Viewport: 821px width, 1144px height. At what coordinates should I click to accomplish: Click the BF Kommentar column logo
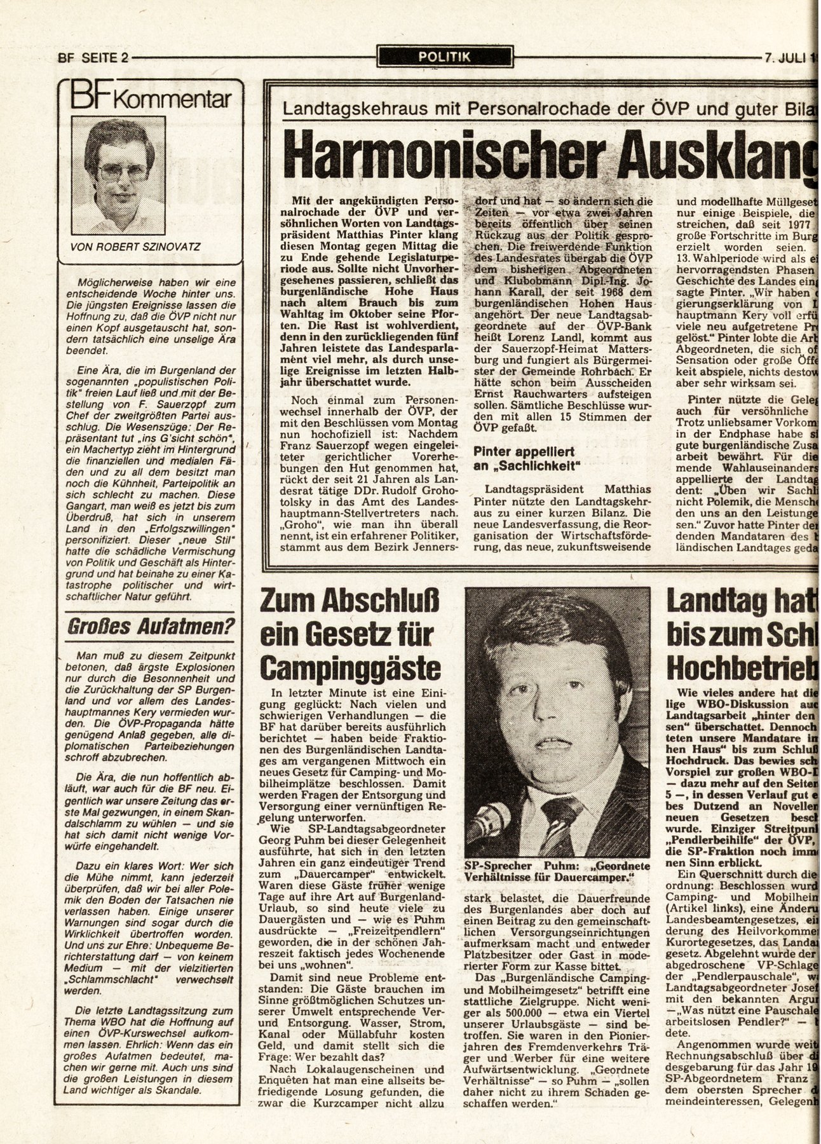[150, 99]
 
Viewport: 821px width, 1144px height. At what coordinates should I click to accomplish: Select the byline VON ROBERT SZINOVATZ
[136, 247]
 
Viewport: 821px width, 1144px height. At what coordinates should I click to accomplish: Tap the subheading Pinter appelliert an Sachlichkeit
[529, 459]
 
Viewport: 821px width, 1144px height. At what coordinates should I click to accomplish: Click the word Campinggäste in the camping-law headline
[351, 668]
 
